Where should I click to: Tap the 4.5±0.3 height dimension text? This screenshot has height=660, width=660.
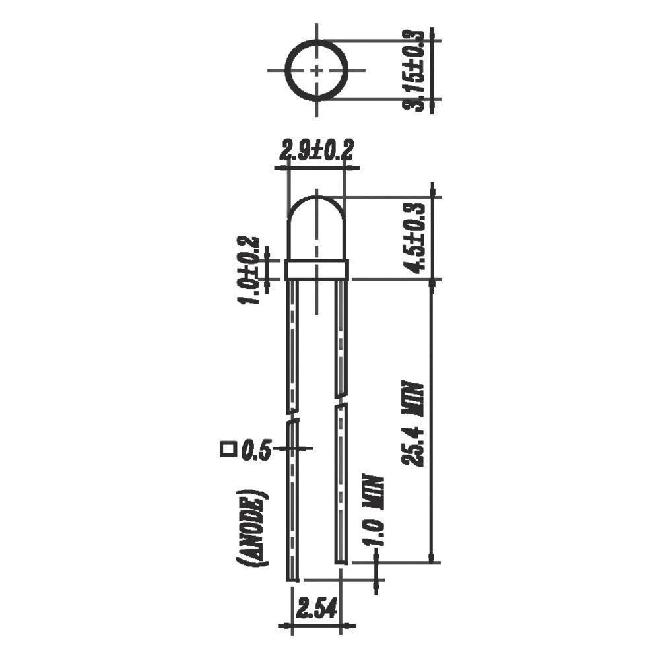(416, 237)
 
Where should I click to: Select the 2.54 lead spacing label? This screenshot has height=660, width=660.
(316, 605)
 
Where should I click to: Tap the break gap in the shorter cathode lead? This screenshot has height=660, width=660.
(341, 401)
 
